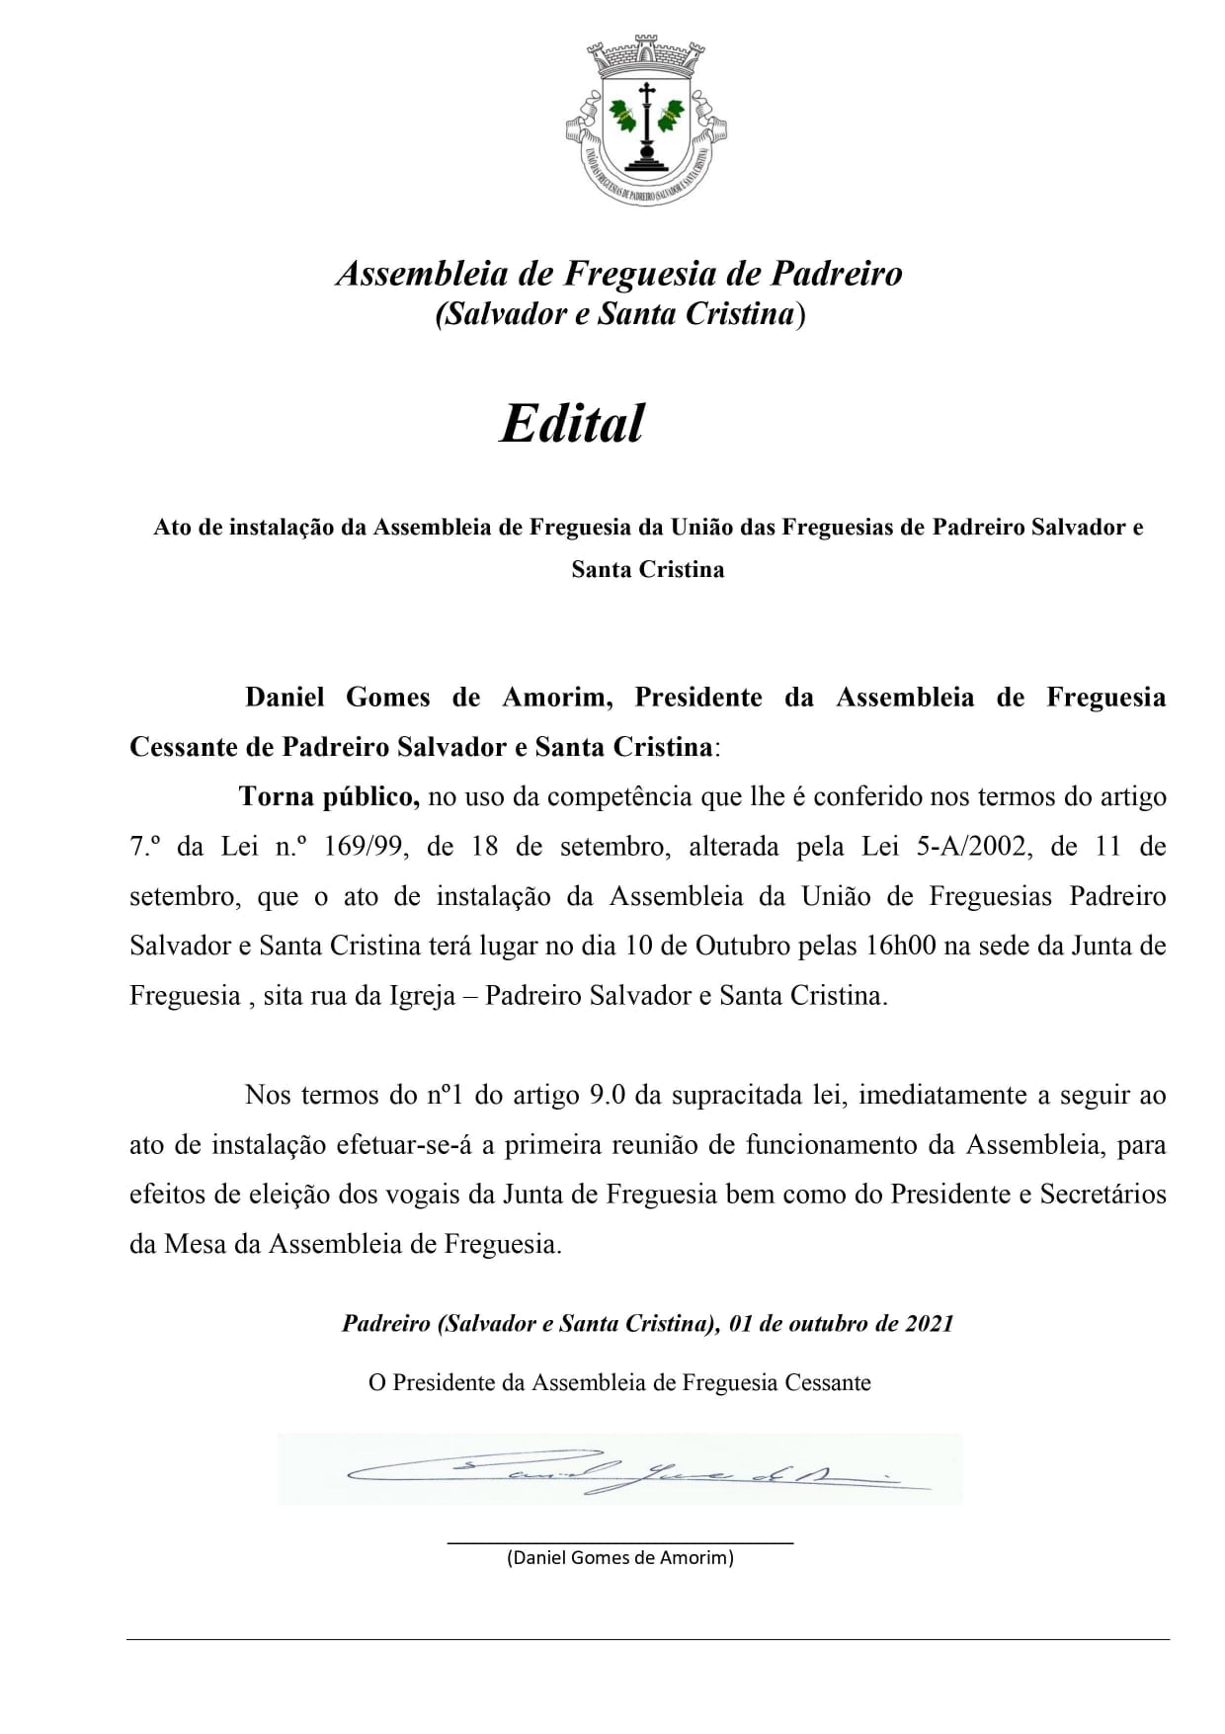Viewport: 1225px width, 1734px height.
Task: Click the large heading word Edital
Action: tap(572, 423)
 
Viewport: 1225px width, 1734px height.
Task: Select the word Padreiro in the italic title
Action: tap(836, 273)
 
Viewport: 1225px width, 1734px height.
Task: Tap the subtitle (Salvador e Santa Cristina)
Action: tap(620, 313)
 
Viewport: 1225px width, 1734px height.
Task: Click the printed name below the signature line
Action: tap(620, 1558)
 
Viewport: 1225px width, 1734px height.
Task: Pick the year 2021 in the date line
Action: tap(929, 1323)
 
